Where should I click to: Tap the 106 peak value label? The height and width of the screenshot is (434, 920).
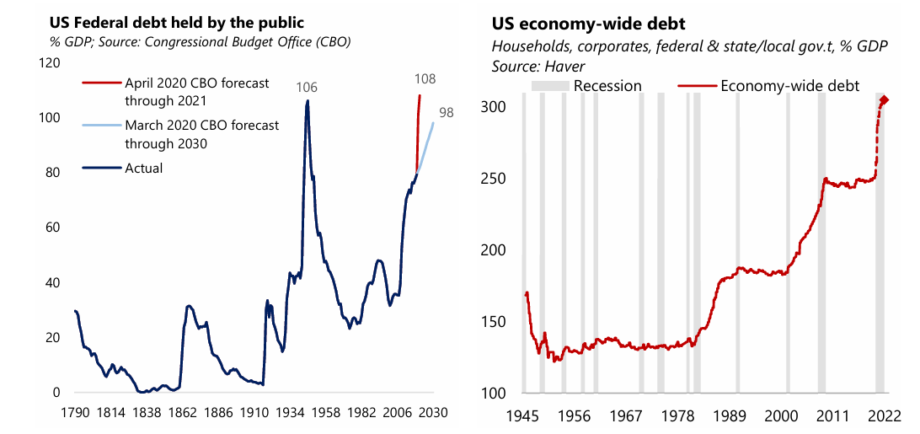(307, 88)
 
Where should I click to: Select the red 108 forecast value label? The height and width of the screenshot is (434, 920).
(426, 79)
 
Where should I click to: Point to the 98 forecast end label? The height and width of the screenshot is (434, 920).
(446, 112)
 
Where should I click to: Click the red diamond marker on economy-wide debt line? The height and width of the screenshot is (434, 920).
(884, 101)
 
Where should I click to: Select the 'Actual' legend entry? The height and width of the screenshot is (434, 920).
(143, 168)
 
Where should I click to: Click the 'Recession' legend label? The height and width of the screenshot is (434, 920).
(607, 85)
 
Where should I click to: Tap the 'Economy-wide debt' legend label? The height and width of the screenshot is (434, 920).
(790, 85)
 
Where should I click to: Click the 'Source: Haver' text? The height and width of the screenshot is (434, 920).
(538, 65)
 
